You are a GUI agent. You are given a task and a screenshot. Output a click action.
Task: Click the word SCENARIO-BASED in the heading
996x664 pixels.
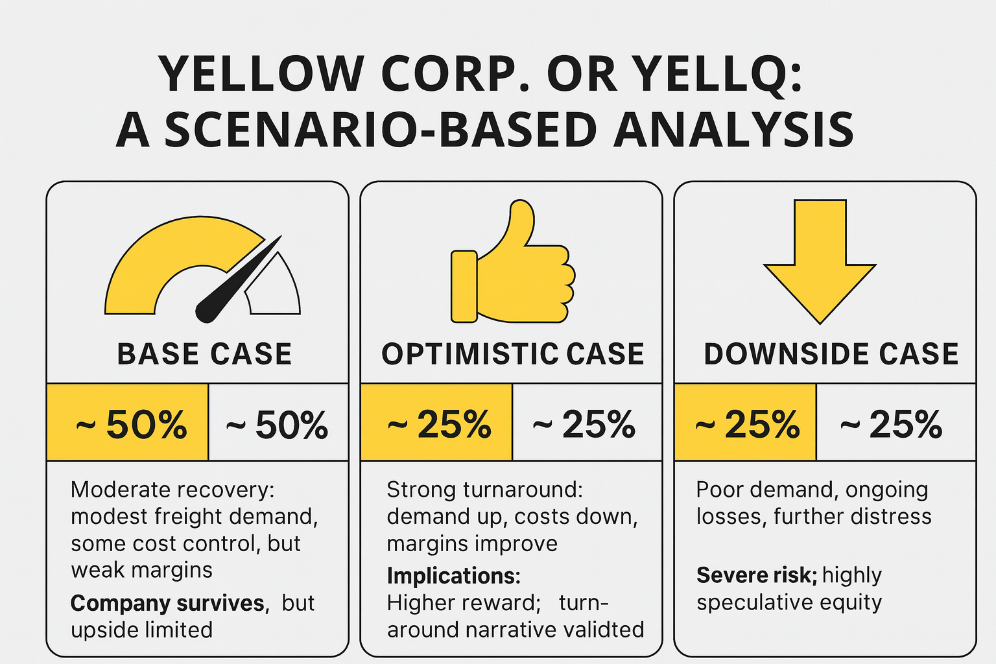point(380,130)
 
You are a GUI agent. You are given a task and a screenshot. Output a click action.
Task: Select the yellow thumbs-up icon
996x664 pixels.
point(512,266)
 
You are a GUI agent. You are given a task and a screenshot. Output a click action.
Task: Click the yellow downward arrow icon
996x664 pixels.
point(820,259)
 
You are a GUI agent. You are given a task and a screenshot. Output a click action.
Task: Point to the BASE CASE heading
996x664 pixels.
point(204,354)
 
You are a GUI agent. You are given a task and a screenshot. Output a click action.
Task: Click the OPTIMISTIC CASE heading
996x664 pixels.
point(512,354)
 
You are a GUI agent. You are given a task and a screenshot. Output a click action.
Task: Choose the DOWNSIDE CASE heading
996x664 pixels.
point(831,354)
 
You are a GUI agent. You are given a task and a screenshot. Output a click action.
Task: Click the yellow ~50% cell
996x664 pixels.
point(128,422)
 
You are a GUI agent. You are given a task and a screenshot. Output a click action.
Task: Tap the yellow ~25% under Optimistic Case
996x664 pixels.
point(436,422)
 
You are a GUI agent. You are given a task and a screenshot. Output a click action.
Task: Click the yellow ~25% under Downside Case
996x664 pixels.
point(745,422)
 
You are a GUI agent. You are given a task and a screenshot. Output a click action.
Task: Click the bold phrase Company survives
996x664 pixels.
point(167,603)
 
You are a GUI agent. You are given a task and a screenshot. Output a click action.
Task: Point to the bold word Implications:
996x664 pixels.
point(453,576)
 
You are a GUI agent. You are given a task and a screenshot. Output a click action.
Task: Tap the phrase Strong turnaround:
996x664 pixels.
point(484,490)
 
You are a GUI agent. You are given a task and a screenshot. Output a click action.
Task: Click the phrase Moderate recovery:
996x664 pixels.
point(172,490)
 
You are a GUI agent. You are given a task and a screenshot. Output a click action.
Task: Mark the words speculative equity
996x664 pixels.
point(789,602)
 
